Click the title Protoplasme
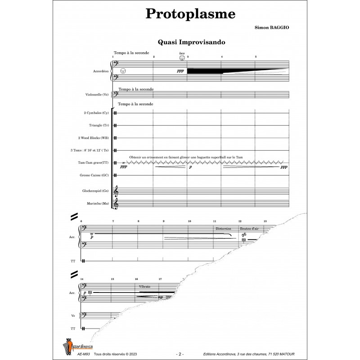point(190,13)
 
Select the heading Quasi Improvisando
point(191,42)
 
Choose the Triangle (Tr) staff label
point(99,125)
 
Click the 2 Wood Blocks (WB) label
point(96,137)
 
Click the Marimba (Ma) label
point(99,203)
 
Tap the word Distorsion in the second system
point(223,229)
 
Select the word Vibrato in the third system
point(145,286)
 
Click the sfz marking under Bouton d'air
point(244,234)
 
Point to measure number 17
point(160,279)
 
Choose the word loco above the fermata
point(182,54)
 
